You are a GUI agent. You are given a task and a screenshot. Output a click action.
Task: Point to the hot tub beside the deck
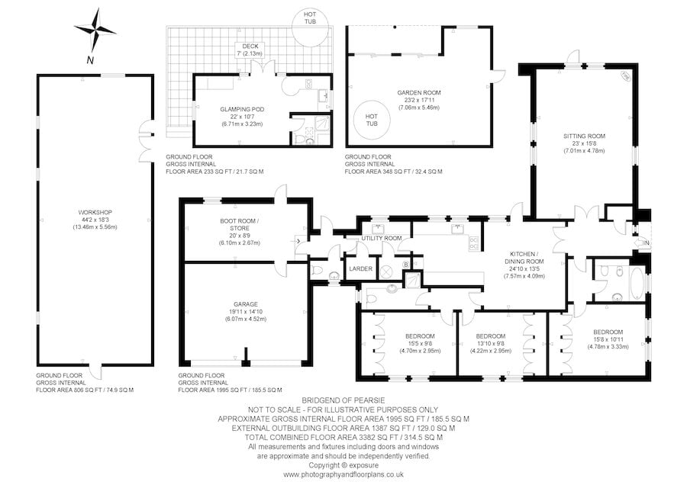(x=310, y=18)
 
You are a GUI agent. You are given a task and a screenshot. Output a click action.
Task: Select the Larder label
(x=360, y=269)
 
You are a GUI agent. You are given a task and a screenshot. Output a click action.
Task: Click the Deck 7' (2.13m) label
(x=248, y=50)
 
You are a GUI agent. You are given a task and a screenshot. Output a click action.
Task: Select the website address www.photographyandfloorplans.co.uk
(x=343, y=474)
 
